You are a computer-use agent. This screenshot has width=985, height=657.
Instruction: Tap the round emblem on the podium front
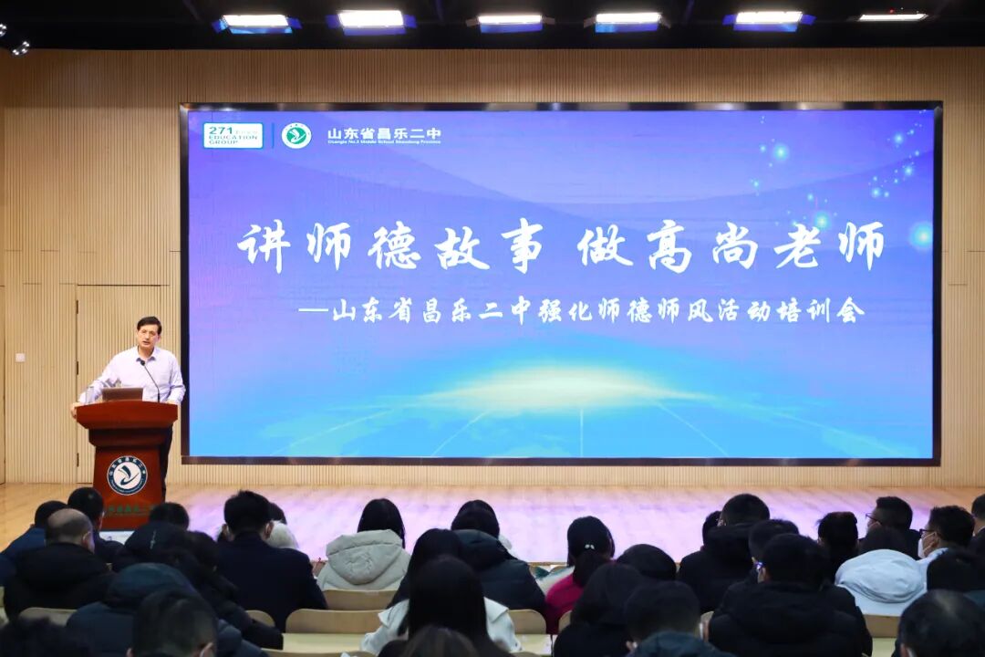[x=127, y=474]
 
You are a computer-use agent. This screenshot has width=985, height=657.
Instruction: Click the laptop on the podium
[x=121, y=394]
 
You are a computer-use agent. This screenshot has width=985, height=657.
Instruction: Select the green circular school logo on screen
[x=295, y=136]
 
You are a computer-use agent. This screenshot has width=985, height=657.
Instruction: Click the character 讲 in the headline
[x=263, y=245]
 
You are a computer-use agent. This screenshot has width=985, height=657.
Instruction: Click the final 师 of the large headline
[x=862, y=245]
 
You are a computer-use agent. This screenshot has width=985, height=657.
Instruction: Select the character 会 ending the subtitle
[x=851, y=311]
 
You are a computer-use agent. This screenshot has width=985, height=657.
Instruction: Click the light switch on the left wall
[x=20, y=356]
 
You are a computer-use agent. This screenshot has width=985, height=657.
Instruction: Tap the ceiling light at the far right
[x=892, y=16]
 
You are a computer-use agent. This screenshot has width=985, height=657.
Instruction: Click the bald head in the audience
[x=67, y=527]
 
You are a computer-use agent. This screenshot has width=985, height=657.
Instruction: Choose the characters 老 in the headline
[x=796, y=245]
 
